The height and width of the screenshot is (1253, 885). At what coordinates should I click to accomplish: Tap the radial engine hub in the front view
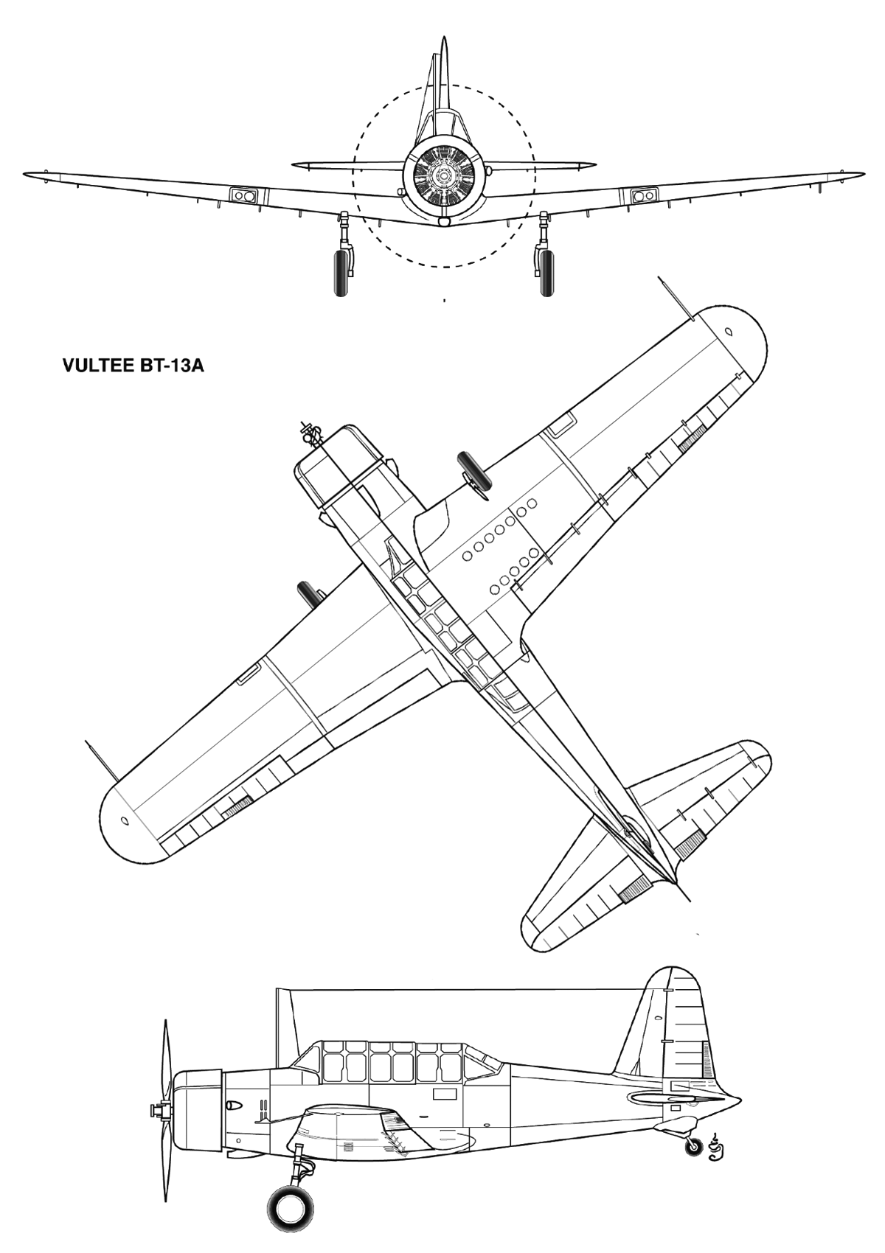click(x=442, y=177)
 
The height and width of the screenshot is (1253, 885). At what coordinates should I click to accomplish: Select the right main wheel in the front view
click(x=546, y=273)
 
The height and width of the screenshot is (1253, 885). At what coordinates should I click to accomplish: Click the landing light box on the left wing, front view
click(x=244, y=195)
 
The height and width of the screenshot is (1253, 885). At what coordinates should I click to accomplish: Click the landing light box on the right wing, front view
click(x=644, y=195)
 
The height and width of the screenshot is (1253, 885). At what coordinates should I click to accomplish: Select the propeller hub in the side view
click(x=157, y=1109)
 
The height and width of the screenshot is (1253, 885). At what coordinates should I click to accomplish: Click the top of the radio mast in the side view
click(x=277, y=991)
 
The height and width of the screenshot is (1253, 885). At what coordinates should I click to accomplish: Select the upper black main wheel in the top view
click(x=473, y=472)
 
